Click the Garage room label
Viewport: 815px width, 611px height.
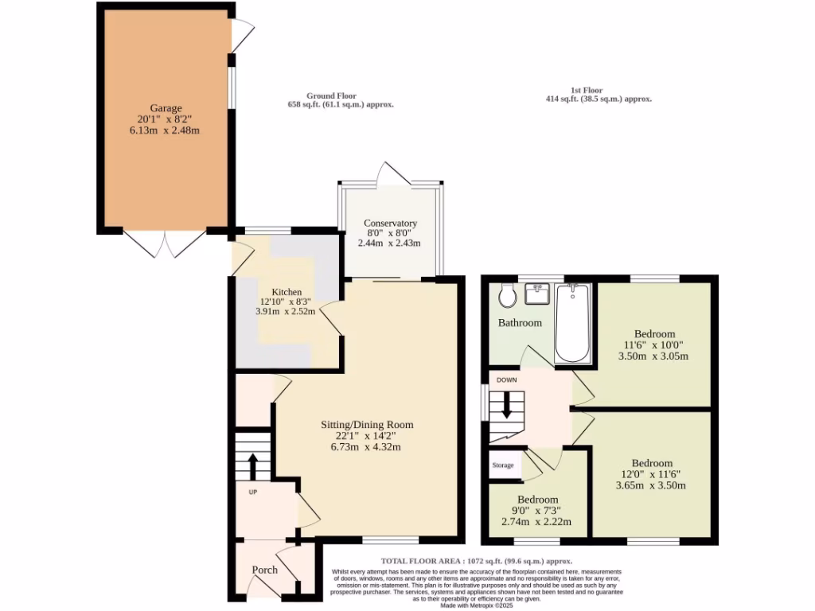(166, 108)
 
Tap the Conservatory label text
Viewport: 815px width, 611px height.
(390, 224)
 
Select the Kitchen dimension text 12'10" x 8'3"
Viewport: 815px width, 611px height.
(286, 302)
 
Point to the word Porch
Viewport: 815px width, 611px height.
(265, 570)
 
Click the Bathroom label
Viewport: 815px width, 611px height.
(520, 323)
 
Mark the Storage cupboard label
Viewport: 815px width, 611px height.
(503, 465)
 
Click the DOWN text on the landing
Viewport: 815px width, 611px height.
(507, 380)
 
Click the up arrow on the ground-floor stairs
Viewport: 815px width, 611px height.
(253, 463)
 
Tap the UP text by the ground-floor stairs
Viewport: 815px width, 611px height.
(253, 492)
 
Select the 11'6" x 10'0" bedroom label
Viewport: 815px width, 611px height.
(655, 333)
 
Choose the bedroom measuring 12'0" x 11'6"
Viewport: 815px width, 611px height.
(651, 463)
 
